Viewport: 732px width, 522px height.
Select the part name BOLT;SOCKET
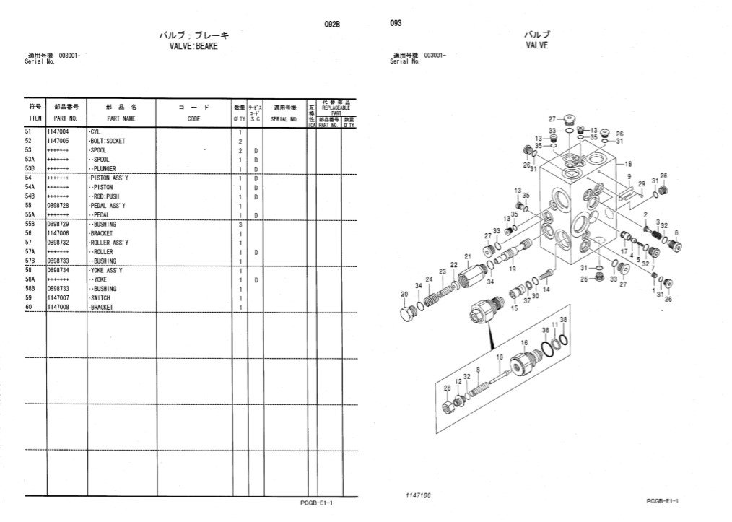pyautogui.click(x=107, y=142)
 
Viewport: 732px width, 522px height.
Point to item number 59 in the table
pyautogui.click(x=29, y=298)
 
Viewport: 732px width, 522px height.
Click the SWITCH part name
pyautogui.click(x=101, y=298)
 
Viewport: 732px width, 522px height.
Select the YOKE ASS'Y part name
pyautogui.click(x=105, y=270)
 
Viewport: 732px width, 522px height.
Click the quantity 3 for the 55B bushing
pyautogui.click(x=239, y=225)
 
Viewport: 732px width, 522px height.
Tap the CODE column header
pyautogui.click(x=193, y=118)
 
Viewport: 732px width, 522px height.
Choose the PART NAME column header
pyautogui.click(x=121, y=118)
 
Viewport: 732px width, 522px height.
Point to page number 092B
pyautogui.click(x=332, y=24)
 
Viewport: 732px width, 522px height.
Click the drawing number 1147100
pyautogui.click(x=419, y=496)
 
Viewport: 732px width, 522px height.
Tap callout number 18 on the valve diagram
pyautogui.click(x=628, y=164)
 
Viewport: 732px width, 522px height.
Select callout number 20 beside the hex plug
pyautogui.click(x=404, y=294)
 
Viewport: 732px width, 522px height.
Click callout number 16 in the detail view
pyautogui.click(x=524, y=342)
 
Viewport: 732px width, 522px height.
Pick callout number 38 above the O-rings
pyautogui.click(x=563, y=319)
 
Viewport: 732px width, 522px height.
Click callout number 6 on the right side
pyautogui.click(x=676, y=232)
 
